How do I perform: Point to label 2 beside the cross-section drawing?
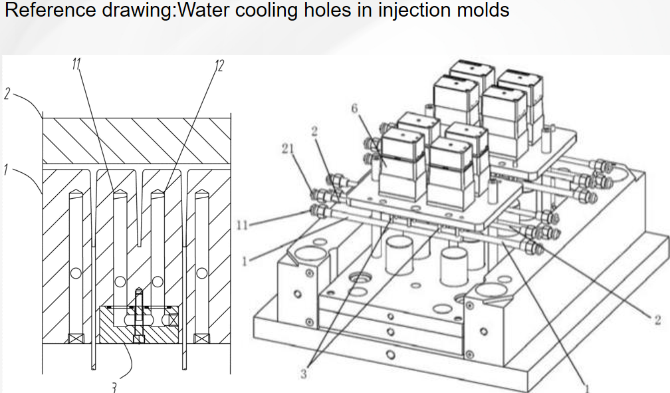coord(7,95)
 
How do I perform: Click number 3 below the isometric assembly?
coord(304,374)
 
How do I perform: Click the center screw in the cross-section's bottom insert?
coord(138,316)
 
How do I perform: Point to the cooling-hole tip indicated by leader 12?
coord(158,194)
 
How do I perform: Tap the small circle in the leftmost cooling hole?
coord(78,273)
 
